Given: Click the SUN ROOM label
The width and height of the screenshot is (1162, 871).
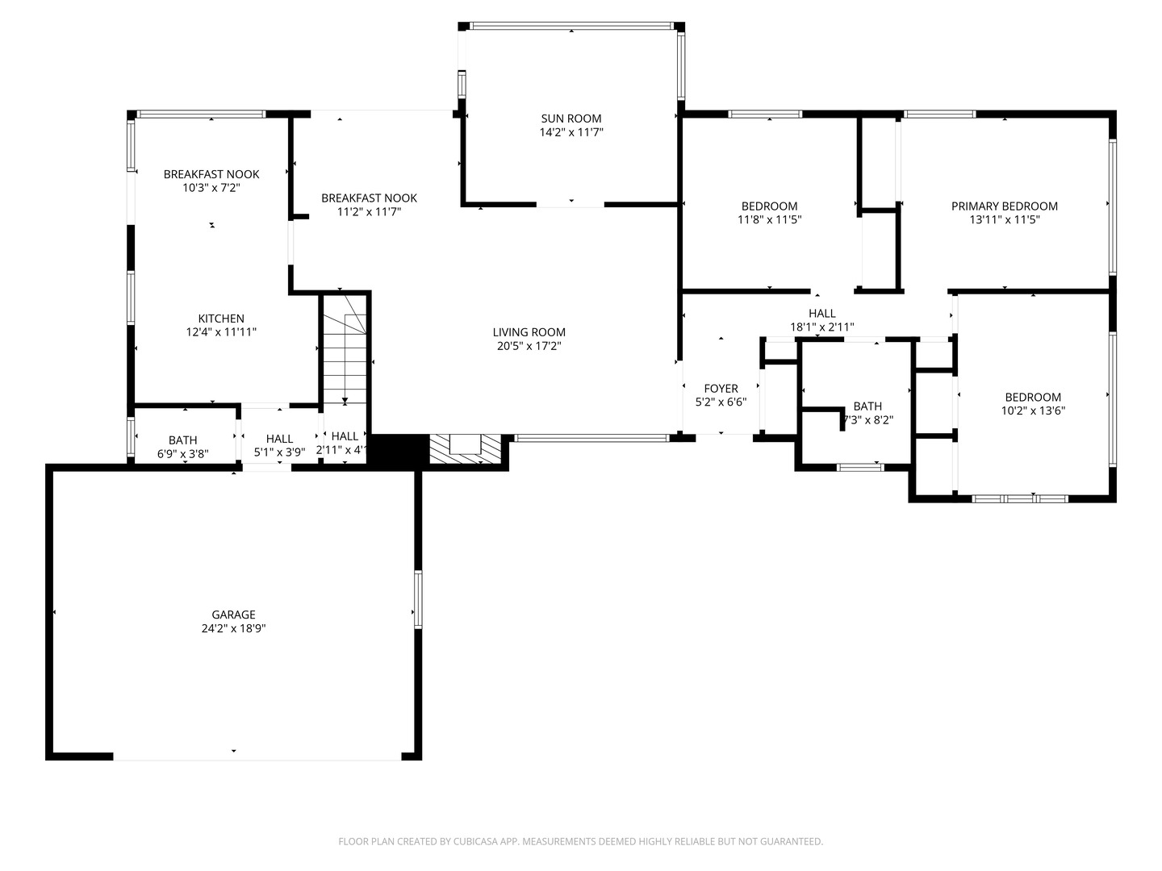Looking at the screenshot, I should coord(571,119).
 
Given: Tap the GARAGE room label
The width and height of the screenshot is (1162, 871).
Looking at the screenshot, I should coord(233,615).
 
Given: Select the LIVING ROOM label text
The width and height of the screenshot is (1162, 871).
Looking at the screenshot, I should coord(529,332).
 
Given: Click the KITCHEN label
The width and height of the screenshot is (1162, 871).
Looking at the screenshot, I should coord(221,319).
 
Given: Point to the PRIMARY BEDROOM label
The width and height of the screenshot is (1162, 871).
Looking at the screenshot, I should coord(1004,206).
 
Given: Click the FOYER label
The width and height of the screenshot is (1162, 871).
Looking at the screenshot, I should coord(721,389).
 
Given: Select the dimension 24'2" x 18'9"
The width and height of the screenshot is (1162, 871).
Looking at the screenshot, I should coord(233,628).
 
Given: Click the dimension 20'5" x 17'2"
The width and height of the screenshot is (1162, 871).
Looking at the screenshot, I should coord(529,346).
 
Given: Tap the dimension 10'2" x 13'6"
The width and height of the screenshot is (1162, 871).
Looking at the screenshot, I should coord(1032,410).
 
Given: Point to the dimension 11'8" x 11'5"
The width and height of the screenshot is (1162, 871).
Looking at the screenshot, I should coord(769,219).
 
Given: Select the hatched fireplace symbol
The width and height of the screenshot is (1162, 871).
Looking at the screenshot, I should coord(465,449).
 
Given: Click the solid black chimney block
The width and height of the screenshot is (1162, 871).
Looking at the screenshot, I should coord(395,450).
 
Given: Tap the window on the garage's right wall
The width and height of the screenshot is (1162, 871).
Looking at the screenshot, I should coord(418,599).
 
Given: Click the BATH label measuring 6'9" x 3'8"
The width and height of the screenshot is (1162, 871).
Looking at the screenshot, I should coord(183,440).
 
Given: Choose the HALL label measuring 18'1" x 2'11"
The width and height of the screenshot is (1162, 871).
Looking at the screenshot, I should coord(821,314).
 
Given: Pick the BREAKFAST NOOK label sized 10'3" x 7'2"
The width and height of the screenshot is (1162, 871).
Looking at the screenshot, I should coord(211,174).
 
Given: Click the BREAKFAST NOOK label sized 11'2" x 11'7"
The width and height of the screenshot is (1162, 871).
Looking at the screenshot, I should coord(369,198).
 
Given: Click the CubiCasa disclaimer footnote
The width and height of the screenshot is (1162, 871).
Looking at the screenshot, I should coord(580,841).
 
